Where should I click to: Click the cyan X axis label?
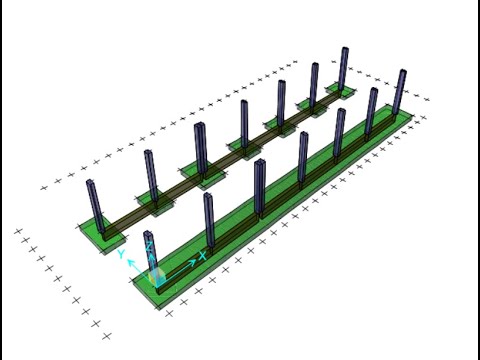coord(202,256)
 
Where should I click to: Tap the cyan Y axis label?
coord(122,254)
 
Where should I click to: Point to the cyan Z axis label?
coord(150,247)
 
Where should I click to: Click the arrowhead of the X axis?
coord(192,262)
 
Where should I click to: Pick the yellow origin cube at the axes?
coord(157,276)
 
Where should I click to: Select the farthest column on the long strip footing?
coord(398,92)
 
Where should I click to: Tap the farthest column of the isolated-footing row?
coord(343,69)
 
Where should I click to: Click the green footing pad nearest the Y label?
coord(102,234)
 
